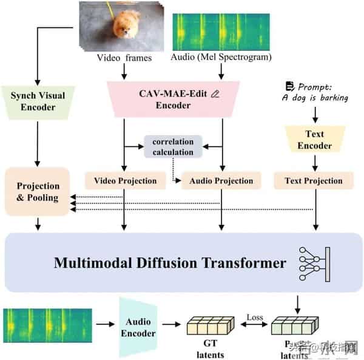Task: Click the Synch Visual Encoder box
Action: coord(37,101)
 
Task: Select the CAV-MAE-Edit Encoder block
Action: coord(173,100)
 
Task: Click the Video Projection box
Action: coord(124,180)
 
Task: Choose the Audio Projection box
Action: coord(221,180)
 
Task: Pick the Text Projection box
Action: coord(314,180)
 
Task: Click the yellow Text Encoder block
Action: coord(315,140)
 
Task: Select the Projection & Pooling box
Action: coord(37,191)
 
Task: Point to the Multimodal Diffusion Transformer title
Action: coord(169,263)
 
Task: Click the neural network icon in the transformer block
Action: coord(313,263)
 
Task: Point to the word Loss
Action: coord(253,316)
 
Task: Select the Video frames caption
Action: coord(124,59)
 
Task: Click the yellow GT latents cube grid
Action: coord(209,328)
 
